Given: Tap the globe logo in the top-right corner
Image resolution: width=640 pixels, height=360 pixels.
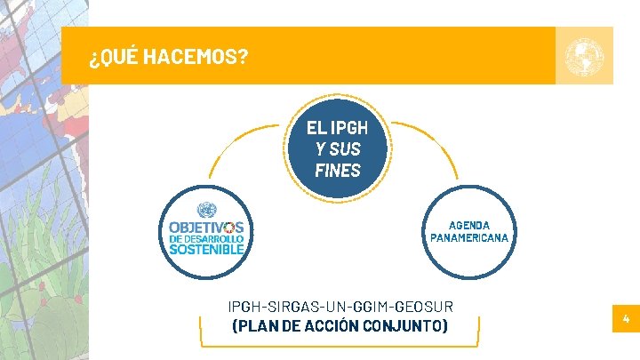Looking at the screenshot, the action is click(584, 55).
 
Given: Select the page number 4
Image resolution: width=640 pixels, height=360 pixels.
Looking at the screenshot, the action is click(626, 318).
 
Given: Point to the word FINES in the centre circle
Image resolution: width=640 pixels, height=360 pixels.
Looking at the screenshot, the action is click(338, 170).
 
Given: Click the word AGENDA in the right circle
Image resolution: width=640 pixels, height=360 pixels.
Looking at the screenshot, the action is click(469, 225).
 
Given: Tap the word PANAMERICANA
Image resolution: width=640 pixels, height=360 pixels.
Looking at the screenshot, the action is click(469, 238).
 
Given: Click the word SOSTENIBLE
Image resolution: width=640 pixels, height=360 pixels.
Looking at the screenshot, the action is click(206, 250).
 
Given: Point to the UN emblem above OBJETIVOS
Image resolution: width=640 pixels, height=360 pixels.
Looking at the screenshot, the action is click(206, 211).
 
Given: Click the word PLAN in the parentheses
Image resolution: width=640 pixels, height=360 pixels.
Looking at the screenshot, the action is click(256, 325).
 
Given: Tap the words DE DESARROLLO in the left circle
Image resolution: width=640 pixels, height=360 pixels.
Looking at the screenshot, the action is click(206, 238).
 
